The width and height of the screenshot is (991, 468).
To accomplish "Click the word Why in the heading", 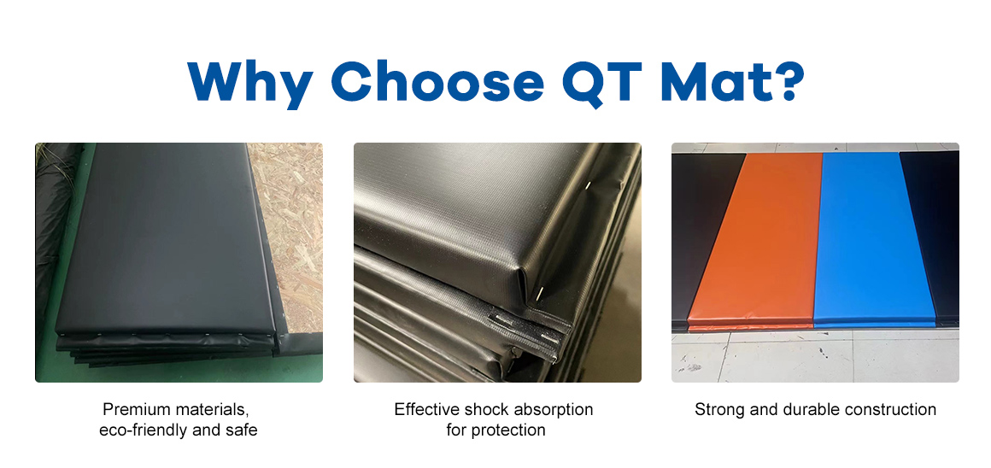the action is pyautogui.click(x=249, y=83).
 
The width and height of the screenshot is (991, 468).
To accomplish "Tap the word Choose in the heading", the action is pyautogui.click(x=437, y=81).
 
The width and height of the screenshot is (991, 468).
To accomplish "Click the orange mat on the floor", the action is pyautogui.click(x=754, y=240).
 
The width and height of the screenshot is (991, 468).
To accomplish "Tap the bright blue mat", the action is pyautogui.click(x=875, y=239).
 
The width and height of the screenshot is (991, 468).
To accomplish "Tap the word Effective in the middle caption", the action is pyautogui.click(x=427, y=409).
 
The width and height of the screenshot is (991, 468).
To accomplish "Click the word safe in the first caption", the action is pyautogui.click(x=243, y=430).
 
